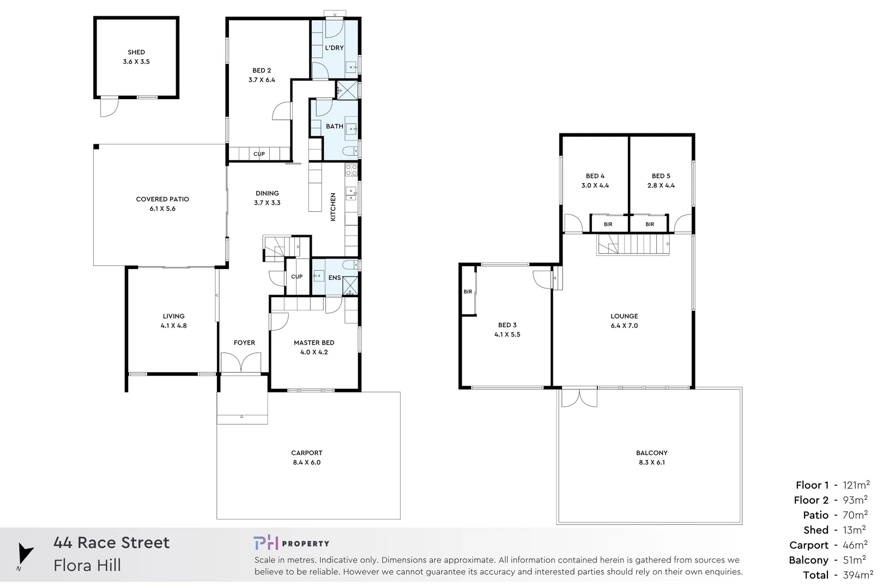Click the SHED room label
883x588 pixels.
click(x=136, y=52)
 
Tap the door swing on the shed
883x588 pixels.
click(x=108, y=107)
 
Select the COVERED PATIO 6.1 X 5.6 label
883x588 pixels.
click(x=162, y=204)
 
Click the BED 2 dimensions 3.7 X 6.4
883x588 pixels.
click(x=262, y=80)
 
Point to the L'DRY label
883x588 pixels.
click(x=334, y=48)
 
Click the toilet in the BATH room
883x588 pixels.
click(x=349, y=151)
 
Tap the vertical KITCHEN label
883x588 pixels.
click(x=333, y=207)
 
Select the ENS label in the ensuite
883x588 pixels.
click(x=334, y=278)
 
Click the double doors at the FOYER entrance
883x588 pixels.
click(x=241, y=363)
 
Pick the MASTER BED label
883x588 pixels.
click(x=314, y=342)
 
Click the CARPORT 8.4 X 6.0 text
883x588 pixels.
click(x=307, y=457)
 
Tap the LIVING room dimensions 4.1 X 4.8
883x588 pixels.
click(x=173, y=326)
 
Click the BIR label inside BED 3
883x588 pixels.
click(x=468, y=292)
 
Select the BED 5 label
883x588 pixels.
click(x=661, y=176)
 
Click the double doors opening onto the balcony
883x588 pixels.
click(x=579, y=397)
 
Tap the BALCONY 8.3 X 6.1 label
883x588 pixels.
click(x=652, y=457)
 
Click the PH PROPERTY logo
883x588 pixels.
click(x=291, y=543)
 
